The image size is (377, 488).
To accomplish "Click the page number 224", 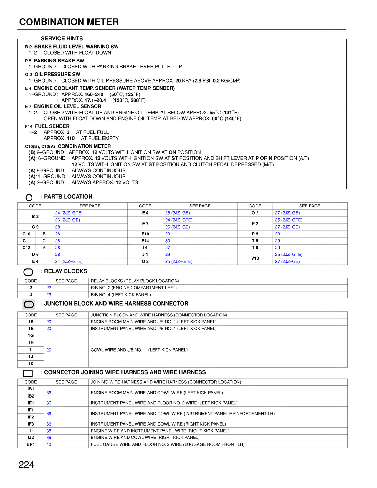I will (26, 465).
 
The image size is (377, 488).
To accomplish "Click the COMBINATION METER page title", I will (69, 22).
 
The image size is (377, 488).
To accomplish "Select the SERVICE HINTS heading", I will (62, 39).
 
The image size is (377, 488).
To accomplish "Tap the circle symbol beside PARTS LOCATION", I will (29, 197).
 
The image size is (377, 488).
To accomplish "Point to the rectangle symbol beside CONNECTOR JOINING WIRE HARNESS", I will (28, 373).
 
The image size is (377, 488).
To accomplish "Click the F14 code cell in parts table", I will (145, 241).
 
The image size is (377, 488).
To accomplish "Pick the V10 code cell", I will (255, 258).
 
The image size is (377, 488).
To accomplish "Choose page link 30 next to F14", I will (168, 241).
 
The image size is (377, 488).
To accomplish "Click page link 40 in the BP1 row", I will (49, 444).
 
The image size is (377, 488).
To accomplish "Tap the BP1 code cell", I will (31, 444).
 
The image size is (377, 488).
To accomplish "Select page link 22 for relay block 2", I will (49, 288).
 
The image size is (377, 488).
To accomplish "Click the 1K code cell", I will (31, 364).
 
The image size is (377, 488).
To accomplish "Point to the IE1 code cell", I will (31, 403).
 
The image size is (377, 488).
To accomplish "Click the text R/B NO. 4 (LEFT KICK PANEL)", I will (121, 295).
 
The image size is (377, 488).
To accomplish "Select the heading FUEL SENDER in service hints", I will (52, 126).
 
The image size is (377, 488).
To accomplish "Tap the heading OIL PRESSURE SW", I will (57, 75).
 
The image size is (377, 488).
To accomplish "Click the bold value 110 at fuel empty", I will (71, 139).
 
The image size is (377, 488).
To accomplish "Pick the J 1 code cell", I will (145, 255).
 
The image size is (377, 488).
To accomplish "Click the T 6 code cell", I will (255, 248).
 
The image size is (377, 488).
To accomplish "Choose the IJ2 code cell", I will (31, 438).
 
